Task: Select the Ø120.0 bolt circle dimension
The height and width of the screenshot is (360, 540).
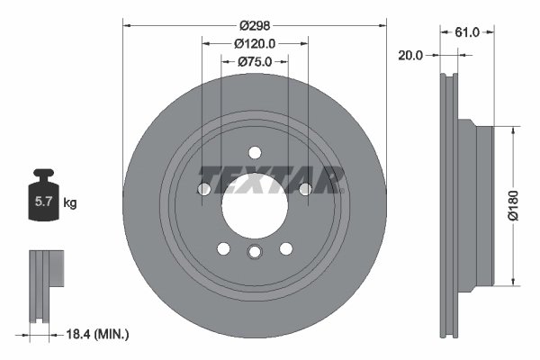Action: pos(255,43)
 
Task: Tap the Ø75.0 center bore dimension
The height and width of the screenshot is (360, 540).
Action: pos(255,62)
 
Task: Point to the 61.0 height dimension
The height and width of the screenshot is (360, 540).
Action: pos(467,31)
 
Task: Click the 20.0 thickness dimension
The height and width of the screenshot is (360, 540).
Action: pos(411,54)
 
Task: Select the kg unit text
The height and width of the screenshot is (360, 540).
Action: pos(70,203)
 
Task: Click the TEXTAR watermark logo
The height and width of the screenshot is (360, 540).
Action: pos(271,179)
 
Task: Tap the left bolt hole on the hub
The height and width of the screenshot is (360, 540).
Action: pos(203,189)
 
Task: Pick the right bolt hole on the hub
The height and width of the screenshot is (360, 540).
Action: pos(306,189)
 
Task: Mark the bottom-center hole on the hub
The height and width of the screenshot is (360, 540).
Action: pos(255,252)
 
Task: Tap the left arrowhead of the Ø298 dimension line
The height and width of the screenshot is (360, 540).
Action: pos(125,24)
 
